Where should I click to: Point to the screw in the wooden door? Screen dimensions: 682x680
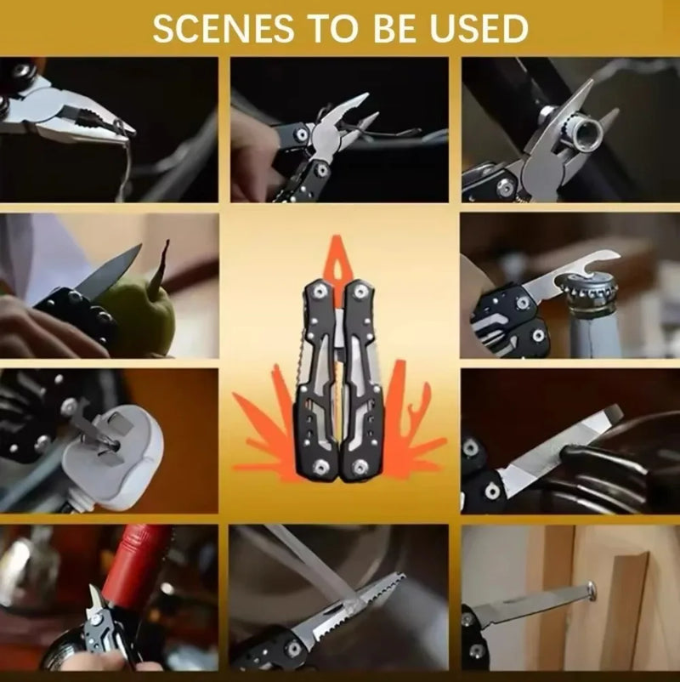point(589,588)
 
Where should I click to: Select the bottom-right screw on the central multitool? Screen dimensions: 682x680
point(360,466)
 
